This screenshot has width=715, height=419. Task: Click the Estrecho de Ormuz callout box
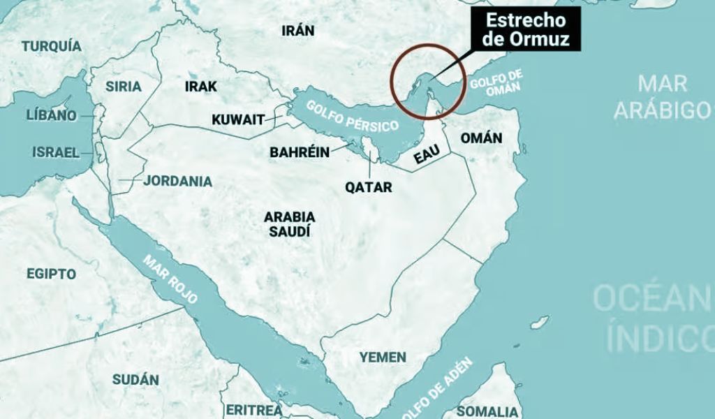coord(526,29)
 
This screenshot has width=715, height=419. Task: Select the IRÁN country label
coord(297,31)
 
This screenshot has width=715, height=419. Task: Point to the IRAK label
coord(201,87)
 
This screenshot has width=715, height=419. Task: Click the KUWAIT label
coord(238,119)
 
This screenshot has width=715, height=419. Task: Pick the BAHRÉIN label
coord(300,152)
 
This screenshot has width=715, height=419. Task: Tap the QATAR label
coord(369,187)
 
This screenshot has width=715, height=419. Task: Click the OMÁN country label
coord(481,138)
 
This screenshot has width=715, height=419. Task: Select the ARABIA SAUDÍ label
coord(289,223)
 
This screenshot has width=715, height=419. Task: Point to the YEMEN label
coord(383,358)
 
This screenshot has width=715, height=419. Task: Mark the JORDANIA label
coord(178,181)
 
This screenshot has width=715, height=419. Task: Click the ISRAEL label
coord(56,152)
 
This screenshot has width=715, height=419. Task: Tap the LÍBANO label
coord(51,115)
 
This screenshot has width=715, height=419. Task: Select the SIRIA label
coord(123,87)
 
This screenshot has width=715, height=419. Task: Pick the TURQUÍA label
coord(51,47)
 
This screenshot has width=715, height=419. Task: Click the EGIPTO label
coord(51,274)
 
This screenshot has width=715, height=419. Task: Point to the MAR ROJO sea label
coord(170,278)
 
